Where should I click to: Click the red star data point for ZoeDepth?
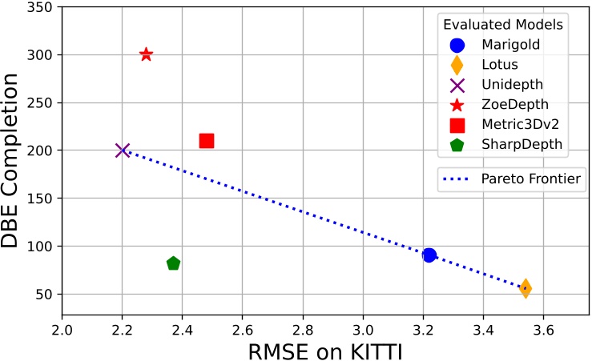click(x=146, y=54)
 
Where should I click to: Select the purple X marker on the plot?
click(x=123, y=150)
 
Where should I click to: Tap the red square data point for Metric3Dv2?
click(x=207, y=141)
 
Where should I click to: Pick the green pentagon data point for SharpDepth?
click(x=173, y=263)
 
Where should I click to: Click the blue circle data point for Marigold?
click(x=429, y=255)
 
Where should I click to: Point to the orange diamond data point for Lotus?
click(x=525, y=288)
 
